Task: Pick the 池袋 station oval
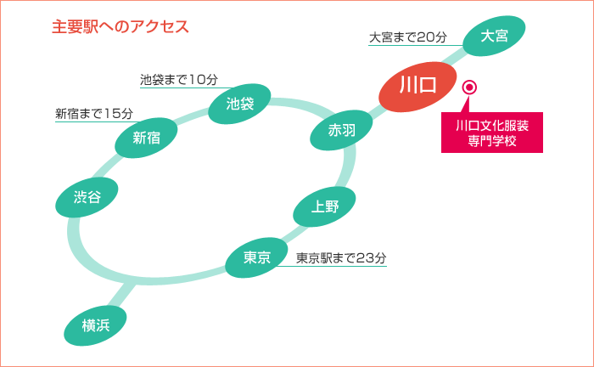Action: coord(240,104)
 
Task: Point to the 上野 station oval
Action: coord(324,207)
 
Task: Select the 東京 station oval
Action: coord(256,257)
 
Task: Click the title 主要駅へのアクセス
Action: coord(120,26)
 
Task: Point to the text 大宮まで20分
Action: coord(407,37)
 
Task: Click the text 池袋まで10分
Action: coord(179,80)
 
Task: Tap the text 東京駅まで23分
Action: coord(341,258)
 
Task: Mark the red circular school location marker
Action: coord(469,88)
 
